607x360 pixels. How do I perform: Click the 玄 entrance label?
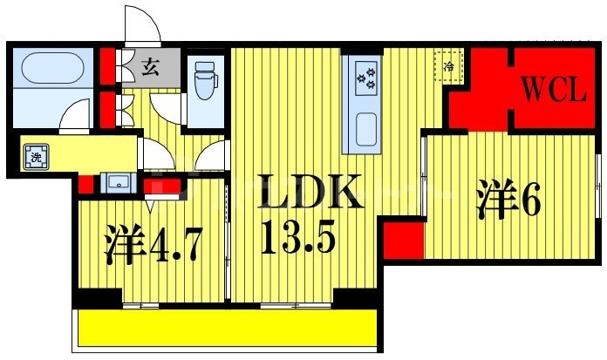click(150, 65)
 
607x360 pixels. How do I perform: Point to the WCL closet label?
click(554, 90)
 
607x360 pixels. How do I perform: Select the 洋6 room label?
click(508, 200)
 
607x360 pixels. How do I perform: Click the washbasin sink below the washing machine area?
click(116, 182)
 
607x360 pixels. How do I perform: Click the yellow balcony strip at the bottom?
click(227, 329)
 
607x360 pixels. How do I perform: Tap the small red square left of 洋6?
click(402, 239)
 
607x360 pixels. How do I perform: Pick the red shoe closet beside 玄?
click(106, 65)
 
